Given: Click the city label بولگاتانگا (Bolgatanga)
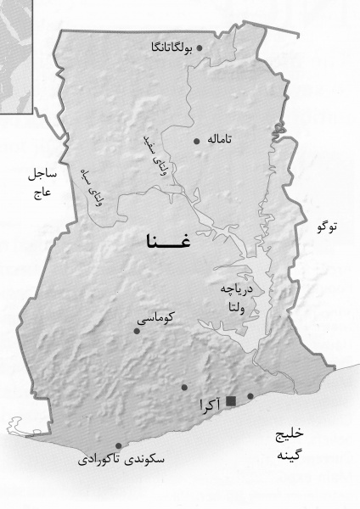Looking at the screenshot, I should (166, 48).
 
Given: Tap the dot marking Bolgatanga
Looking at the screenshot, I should (200, 48).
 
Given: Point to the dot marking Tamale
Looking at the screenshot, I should (197, 141).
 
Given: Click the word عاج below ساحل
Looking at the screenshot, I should (42, 193).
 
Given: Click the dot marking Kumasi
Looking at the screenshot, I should (137, 331).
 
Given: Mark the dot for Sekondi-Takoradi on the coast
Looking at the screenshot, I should (118, 445).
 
